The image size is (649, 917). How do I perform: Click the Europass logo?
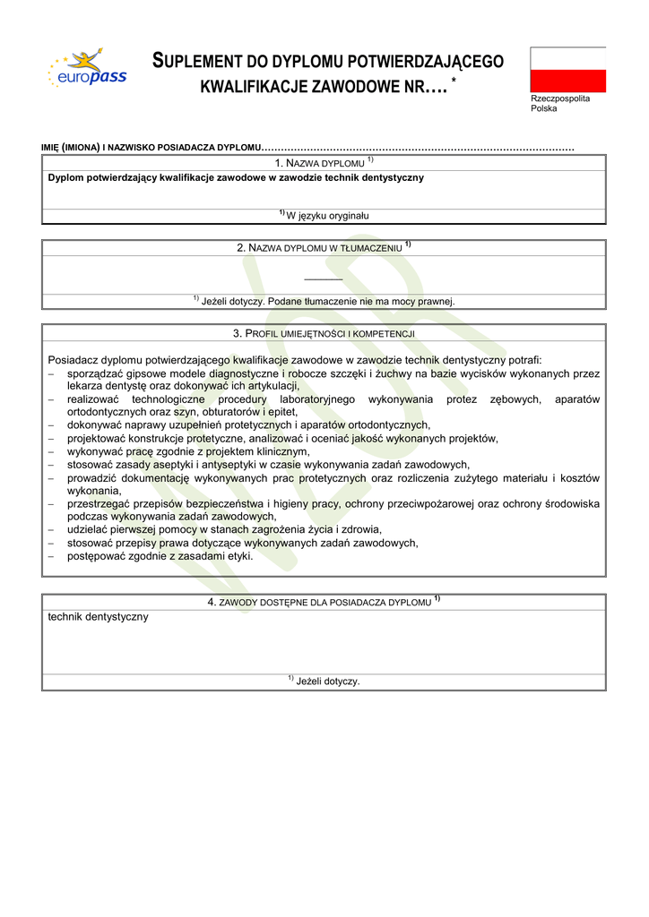(x=87, y=70)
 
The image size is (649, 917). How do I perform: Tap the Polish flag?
(x=567, y=70)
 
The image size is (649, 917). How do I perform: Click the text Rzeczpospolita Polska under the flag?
(x=559, y=103)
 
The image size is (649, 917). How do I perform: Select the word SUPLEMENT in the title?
(x=199, y=61)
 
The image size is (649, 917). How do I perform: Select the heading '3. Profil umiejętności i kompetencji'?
(x=324, y=333)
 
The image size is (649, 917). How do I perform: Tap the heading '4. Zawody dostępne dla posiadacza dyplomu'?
(x=324, y=602)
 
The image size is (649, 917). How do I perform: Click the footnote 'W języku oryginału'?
(x=324, y=216)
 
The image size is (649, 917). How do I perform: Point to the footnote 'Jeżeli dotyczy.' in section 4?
(x=324, y=681)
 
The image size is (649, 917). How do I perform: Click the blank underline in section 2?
(x=324, y=279)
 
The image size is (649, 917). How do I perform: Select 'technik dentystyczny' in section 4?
(x=99, y=617)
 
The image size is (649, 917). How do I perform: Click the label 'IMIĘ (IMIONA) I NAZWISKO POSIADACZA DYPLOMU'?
(x=151, y=146)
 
